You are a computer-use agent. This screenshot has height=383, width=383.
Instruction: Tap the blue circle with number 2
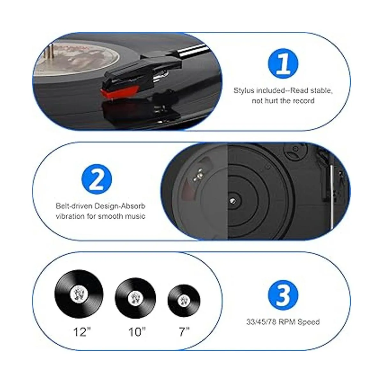click(97, 179)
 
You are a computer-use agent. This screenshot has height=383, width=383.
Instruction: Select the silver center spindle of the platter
click(233, 201)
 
